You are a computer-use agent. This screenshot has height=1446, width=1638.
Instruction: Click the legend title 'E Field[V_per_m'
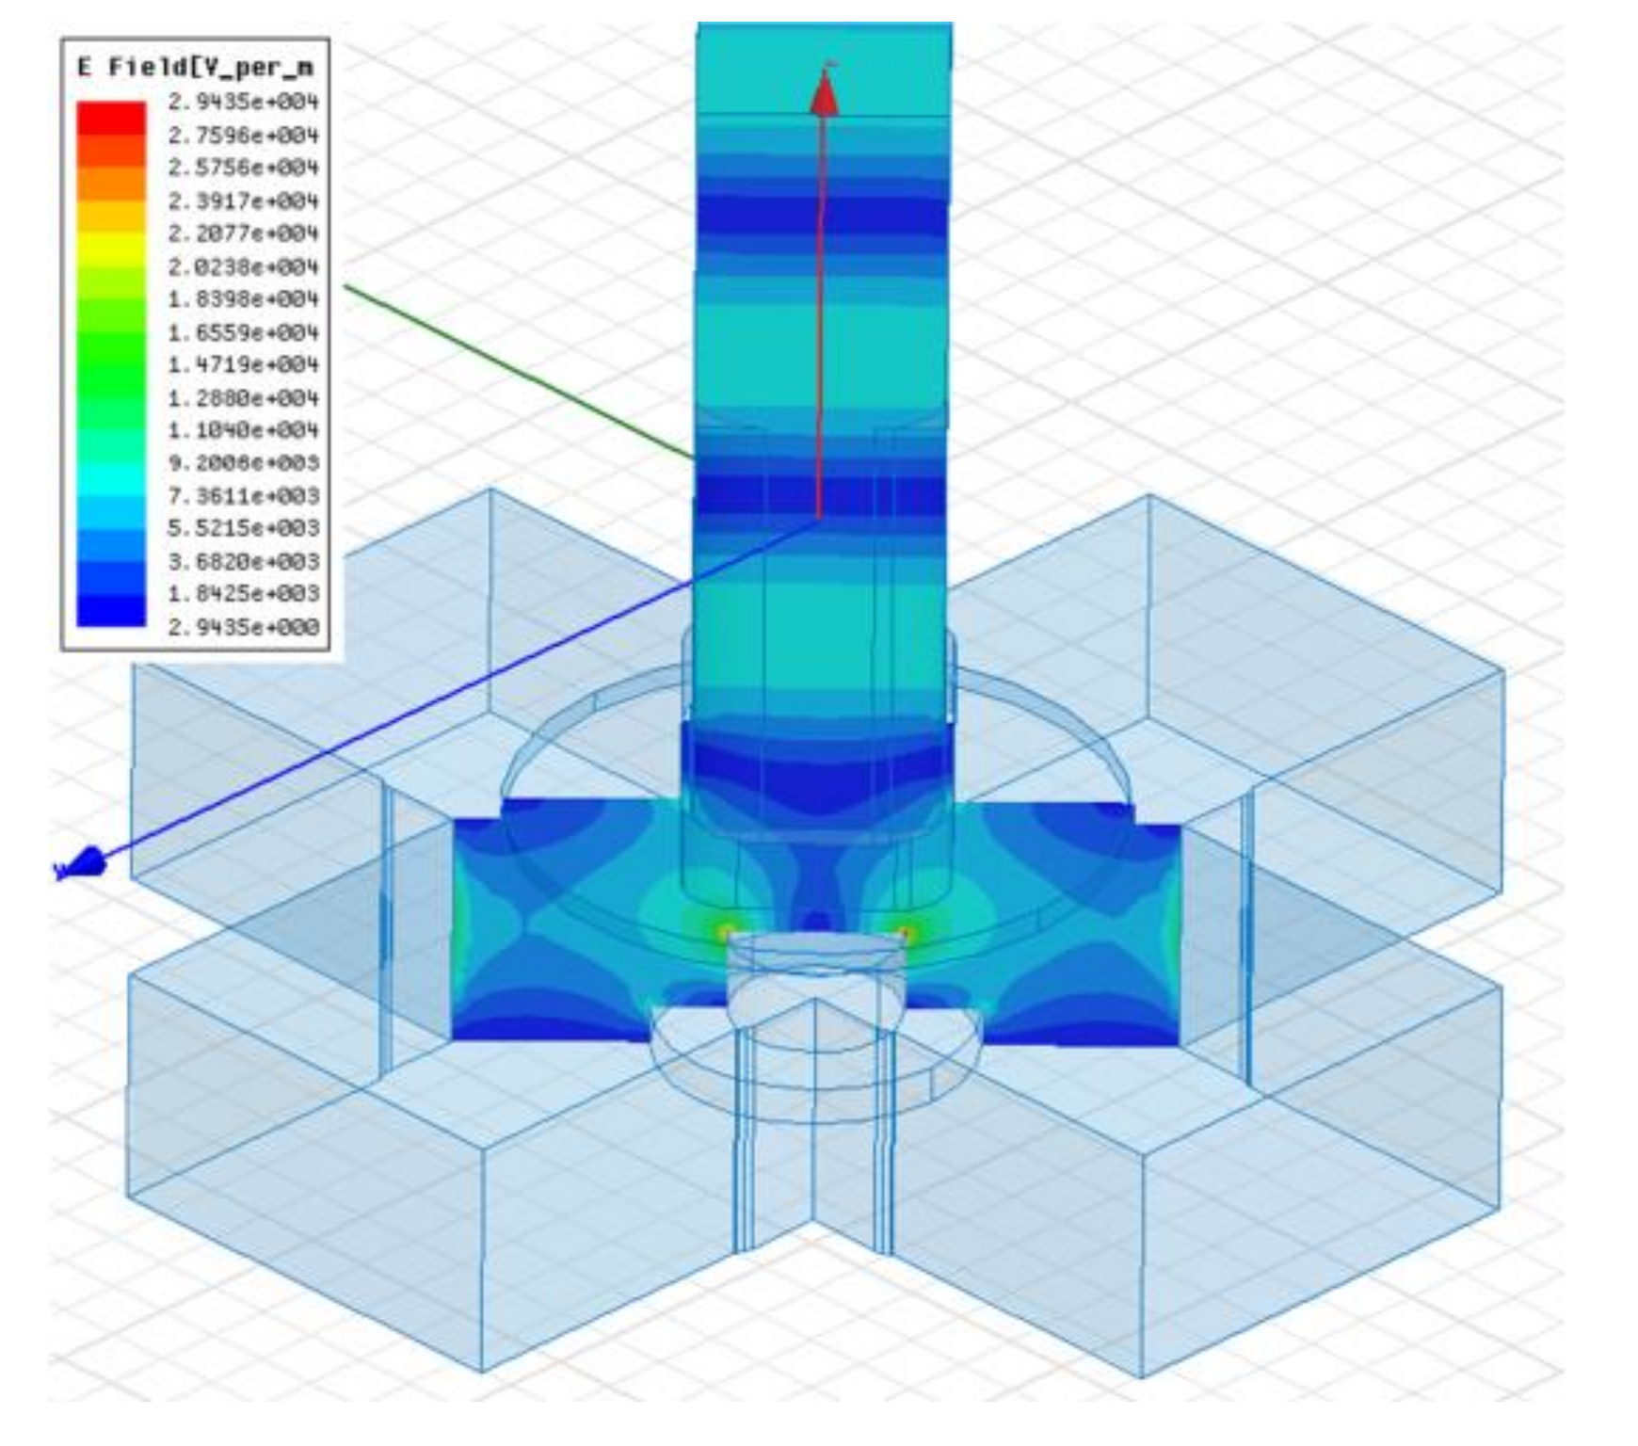tap(196, 67)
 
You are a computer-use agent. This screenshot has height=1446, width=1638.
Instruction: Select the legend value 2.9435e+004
tap(243, 102)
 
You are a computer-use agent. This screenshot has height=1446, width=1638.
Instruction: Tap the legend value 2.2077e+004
tap(243, 233)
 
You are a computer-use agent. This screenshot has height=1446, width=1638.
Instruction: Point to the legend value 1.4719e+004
tap(243, 364)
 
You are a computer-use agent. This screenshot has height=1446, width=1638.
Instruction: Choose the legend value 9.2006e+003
tap(243, 462)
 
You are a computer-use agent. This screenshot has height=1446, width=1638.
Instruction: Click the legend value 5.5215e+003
tap(243, 528)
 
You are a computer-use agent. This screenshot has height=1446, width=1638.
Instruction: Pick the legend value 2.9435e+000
tap(243, 626)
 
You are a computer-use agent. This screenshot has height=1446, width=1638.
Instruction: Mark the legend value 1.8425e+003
tap(243, 593)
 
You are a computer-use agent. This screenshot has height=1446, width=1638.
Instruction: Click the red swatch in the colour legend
tap(111, 118)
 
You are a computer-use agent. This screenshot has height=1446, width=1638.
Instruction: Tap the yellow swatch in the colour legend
tap(111, 249)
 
